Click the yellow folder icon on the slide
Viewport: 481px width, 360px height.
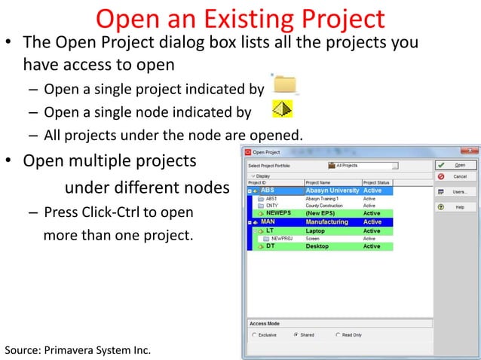point(285,84)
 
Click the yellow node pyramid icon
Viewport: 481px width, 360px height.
point(282,112)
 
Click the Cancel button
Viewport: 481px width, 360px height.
point(455,176)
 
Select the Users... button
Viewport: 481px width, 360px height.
point(455,192)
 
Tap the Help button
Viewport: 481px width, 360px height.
point(455,207)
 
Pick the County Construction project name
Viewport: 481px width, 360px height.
point(326,206)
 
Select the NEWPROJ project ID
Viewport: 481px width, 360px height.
point(281,239)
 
